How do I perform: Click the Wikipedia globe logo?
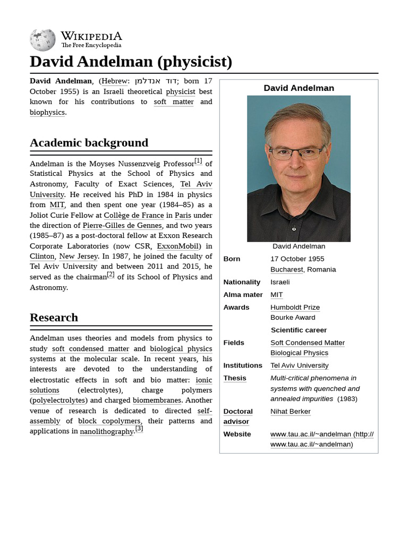(42, 40)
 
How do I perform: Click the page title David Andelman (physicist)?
(131, 62)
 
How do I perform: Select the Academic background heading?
(89, 142)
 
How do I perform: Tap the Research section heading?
(54, 317)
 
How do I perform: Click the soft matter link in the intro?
(174, 101)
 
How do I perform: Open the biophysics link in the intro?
(47, 112)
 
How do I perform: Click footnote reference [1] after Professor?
(198, 160)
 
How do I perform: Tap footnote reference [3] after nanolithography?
(139, 428)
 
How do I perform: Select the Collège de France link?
(133, 215)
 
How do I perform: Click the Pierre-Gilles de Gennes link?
(122, 225)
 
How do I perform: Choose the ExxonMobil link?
(178, 246)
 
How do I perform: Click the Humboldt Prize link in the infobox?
(295, 307)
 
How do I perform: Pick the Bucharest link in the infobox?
(286, 269)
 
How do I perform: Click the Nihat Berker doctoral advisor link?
(290, 411)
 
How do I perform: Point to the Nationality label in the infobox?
(242, 282)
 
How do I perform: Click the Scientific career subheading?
(299, 330)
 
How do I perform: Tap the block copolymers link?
(109, 421)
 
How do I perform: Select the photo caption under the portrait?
(299, 246)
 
